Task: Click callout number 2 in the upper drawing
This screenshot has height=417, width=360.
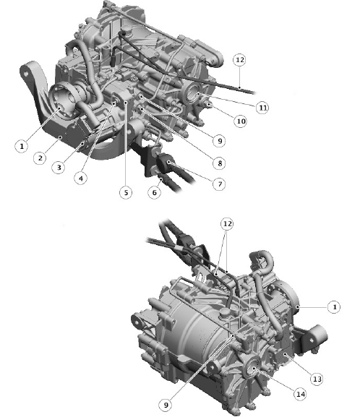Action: point(40,158)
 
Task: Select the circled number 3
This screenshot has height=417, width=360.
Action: point(59,167)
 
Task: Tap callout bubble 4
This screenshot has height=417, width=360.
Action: point(81,178)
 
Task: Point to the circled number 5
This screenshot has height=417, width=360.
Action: point(126,192)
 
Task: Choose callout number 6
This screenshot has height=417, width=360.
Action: point(154,192)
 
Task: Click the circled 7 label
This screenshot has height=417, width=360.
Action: point(220,184)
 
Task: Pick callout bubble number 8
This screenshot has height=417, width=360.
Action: point(220,163)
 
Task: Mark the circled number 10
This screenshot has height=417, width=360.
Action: point(241,121)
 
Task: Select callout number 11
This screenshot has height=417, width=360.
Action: point(262,108)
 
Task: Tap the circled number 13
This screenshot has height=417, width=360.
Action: point(317,379)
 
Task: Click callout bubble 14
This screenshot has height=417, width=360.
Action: point(301,394)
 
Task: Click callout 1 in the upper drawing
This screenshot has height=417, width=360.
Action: point(22,146)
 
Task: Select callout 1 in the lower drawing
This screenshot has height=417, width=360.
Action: point(334,307)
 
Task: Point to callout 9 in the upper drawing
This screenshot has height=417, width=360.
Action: point(220,141)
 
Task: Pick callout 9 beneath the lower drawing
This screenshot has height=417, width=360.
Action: point(166,405)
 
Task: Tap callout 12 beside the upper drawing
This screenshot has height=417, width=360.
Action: point(239,60)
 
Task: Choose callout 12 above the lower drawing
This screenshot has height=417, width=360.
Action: point(227,224)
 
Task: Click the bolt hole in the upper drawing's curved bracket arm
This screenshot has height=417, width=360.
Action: point(26,72)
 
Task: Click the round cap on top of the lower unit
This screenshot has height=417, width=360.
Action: point(224,313)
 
